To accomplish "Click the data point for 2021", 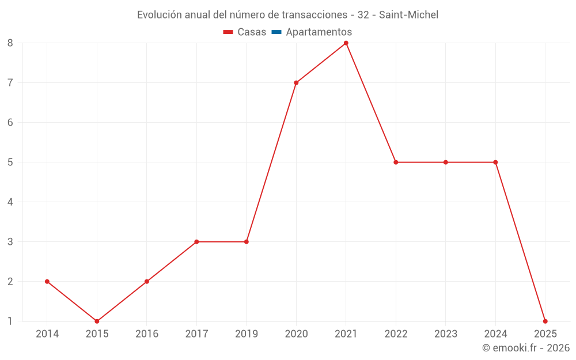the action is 346,43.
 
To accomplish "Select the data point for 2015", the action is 97,321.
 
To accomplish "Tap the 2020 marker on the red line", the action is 296,82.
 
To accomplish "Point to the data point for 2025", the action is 545,321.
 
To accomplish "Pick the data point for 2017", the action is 196,242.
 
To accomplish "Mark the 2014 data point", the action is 47,282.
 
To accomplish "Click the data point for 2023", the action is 446,162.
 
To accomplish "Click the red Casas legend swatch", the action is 228,32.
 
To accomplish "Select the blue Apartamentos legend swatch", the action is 276,32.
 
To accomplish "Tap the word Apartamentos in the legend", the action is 319,32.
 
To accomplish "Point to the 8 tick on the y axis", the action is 10,43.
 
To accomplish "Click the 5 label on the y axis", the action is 10,162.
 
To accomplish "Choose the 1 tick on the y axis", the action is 10,321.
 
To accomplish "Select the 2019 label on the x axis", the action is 247,334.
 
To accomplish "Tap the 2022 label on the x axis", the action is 396,334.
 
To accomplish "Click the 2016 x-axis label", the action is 147,334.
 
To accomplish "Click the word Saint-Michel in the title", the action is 408,15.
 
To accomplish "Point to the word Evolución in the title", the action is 160,15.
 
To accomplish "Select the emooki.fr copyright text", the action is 526,347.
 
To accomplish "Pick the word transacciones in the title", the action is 314,15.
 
